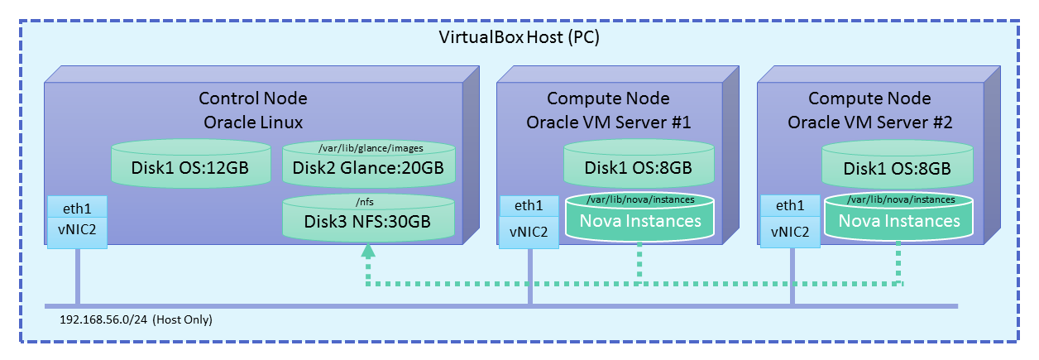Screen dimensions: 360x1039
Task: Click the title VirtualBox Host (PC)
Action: point(519,39)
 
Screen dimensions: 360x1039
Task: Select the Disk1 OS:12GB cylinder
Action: point(190,166)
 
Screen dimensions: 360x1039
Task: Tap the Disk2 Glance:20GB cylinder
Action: point(369,169)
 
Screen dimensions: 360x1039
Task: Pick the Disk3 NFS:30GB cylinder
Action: point(369,221)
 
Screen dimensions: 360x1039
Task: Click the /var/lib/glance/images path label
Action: point(370,148)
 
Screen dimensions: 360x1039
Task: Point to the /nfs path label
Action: point(369,200)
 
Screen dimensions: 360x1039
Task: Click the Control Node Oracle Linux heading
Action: point(253,110)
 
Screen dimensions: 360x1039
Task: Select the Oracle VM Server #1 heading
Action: point(609,123)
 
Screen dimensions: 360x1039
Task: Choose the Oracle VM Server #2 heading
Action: point(870,123)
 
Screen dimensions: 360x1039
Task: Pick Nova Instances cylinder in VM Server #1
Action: point(639,221)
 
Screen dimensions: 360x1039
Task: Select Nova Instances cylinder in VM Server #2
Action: point(899,221)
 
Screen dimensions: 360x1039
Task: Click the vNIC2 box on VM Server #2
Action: point(790,232)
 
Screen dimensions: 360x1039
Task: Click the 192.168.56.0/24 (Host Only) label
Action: point(136,319)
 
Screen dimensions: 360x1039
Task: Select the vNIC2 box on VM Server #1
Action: point(530,232)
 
